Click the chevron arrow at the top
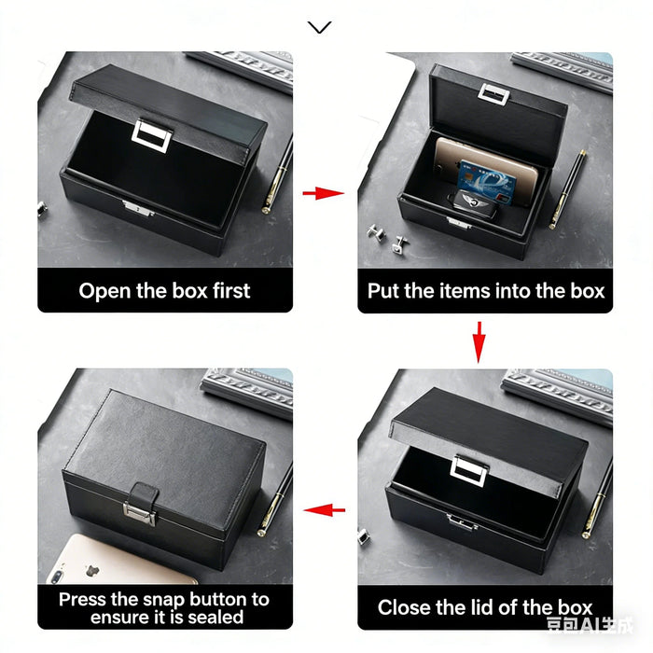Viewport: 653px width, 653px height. (319, 27)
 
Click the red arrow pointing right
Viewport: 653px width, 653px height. (323, 193)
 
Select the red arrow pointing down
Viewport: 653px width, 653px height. (479, 342)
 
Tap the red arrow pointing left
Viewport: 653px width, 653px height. (324, 509)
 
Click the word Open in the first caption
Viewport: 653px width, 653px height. (104, 291)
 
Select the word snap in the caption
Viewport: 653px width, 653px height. (164, 600)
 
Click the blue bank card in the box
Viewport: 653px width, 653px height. (486, 183)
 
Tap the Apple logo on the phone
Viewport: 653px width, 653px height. (91, 571)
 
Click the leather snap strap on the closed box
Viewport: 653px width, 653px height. (142, 503)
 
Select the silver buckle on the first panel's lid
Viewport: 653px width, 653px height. (151, 135)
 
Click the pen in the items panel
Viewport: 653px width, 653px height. (567, 189)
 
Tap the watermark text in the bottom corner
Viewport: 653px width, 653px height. (590, 625)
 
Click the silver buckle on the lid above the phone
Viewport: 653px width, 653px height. (493, 93)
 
